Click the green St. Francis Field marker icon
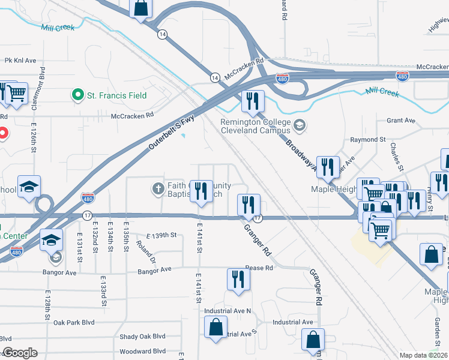(x=77, y=95)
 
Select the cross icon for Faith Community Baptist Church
(x=158, y=190)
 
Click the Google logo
(x=20, y=353)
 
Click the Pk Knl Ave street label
(x=20, y=61)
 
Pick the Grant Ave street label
(x=401, y=121)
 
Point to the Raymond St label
(x=368, y=139)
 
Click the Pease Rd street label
(x=259, y=268)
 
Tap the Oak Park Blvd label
(x=74, y=322)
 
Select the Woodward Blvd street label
(x=142, y=351)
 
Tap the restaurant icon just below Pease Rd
(x=238, y=280)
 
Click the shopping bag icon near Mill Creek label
(x=140, y=8)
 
